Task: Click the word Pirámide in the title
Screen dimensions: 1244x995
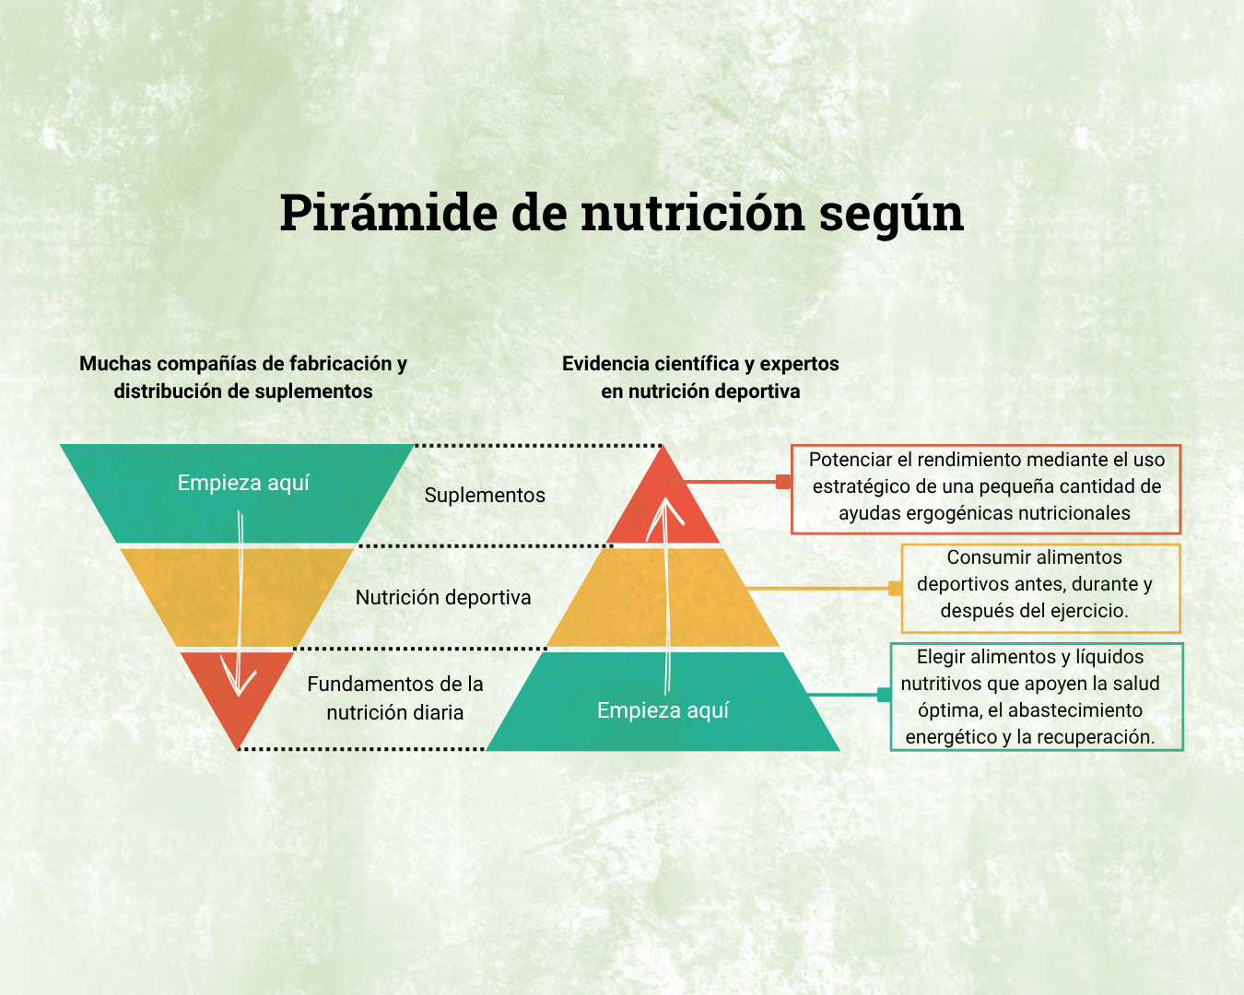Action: [x=389, y=212]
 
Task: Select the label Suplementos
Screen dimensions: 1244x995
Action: [x=485, y=495]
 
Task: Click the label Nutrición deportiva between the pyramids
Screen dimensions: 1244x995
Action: [x=443, y=597]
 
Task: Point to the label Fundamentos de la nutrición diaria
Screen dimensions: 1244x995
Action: [x=394, y=697]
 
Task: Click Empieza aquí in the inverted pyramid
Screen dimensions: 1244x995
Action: [x=242, y=483]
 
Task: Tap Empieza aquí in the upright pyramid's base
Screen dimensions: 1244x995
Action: [x=663, y=710]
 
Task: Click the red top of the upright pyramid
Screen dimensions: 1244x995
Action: [x=663, y=509]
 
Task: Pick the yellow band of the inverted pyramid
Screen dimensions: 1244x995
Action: [x=237, y=597]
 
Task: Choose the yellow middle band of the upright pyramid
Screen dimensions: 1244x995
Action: [x=663, y=597]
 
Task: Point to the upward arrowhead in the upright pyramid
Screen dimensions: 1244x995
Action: [x=665, y=516]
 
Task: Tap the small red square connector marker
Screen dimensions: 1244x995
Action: [x=783, y=482]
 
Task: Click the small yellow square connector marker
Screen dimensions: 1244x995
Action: [x=895, y=588]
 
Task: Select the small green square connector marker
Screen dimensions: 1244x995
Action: [x=884, y=695]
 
